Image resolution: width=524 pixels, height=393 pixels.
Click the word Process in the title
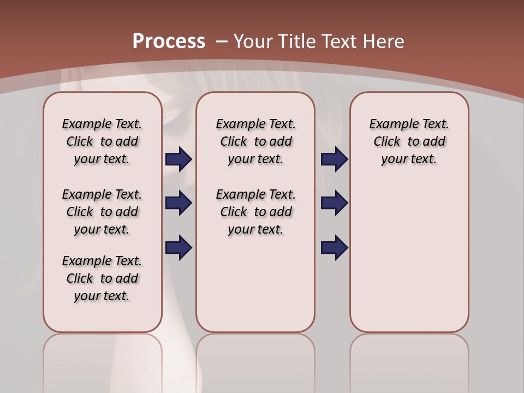tap(169, 41)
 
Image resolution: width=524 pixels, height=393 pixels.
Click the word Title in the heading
tap(296, 41)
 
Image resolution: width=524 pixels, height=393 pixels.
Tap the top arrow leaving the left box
tap(178, 159)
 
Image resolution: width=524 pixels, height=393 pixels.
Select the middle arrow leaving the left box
tap(178, 203)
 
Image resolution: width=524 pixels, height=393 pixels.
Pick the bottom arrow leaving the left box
tap(178, 247)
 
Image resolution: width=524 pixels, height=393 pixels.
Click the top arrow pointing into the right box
tap(334, 159)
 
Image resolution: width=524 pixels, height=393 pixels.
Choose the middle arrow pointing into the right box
tap(334, 203)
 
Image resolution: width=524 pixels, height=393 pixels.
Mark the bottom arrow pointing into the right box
tap(334, 247)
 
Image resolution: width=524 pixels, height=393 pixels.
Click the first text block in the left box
tap(102, 141)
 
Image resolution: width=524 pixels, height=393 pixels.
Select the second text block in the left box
tap(102, 212)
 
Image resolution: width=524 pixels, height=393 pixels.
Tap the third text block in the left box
tap(102, 278)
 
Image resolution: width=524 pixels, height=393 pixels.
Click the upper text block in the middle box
tap(256, 141)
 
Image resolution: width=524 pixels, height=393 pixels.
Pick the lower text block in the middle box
tap(256, 212)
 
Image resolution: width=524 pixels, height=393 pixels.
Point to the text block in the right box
tap(409, 141)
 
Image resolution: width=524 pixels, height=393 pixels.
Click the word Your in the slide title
tap(253, 41)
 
